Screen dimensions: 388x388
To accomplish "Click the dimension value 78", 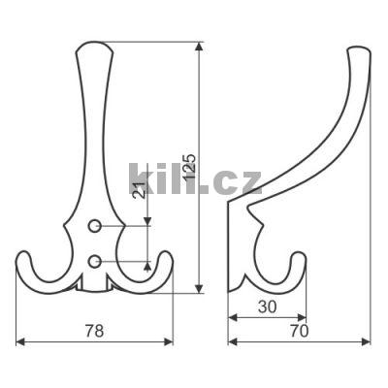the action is click(x=94, y=331).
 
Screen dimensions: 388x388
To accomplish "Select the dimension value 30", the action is click(x=268, y=307).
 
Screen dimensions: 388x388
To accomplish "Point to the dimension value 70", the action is click(x=299, y=331).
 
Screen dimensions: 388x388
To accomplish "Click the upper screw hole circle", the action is click(x=94, y=226).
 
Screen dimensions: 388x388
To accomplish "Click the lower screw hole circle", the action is click(x=94, y=261).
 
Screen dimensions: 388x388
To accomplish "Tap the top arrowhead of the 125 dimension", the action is click(x=200, y=47).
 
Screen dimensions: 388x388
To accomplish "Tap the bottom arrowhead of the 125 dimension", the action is click(x=200, y=289).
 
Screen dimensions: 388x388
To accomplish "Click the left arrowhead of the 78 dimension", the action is click(x=20, y=341).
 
